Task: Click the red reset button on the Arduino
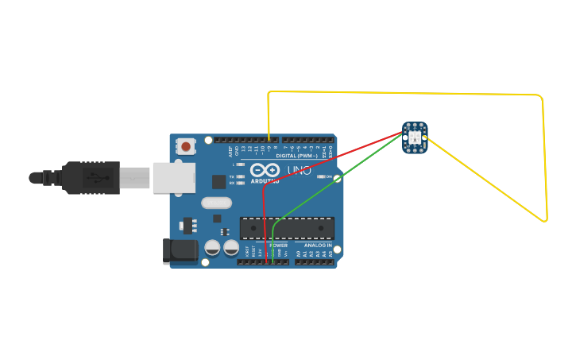click(186, 146)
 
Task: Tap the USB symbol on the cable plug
click(93, 177)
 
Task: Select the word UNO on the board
click(298, 170)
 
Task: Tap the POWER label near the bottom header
click(278, 246)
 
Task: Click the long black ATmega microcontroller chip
click(287, 228)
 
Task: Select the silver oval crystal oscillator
click(216, 203)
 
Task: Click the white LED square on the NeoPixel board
click(415, 137)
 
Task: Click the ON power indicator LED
click(321, 176)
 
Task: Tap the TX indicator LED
click(240, 176)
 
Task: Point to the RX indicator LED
click(240, 183)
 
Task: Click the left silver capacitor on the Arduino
click(213, 248)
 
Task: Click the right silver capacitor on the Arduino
click(231, 248)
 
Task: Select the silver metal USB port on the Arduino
click(173, 178)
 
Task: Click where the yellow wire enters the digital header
click(269, 140)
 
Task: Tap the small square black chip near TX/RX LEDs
click(218, 181)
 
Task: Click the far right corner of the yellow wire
click(546, 220)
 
